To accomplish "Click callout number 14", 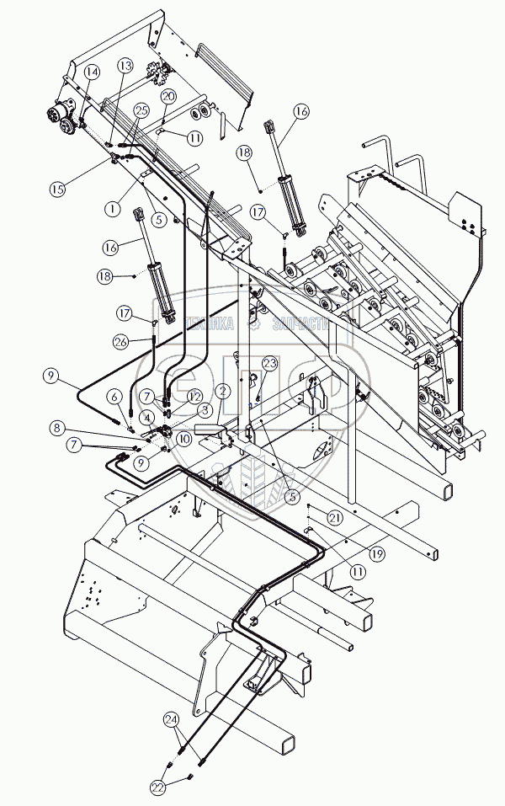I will (x=92, y=72).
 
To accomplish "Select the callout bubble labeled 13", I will (x=125, y=66).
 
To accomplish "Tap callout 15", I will (x=57, y=189).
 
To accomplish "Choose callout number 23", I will (x=268, y=363).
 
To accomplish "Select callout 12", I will (x=194, y=395).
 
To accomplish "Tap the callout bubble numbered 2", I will (x=223, y=390).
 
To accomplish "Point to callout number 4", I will (x=146, y=417).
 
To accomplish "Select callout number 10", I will (x=183, y=438).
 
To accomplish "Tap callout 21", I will (x=334, y=517).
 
